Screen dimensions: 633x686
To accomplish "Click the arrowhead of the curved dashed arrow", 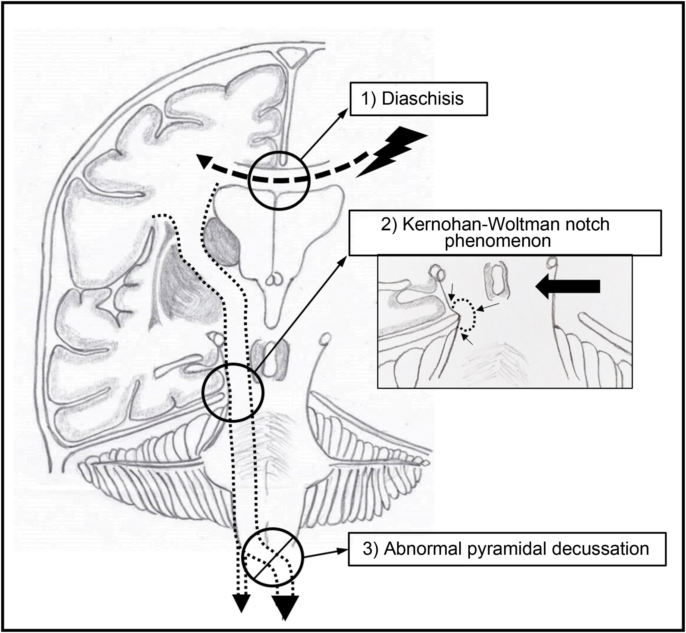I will [205, 161].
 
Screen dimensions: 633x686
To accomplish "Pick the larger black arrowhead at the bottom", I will [285, 615].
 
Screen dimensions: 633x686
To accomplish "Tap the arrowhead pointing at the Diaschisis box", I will [345, 113].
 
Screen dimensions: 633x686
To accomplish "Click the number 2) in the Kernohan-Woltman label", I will [388, 225].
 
